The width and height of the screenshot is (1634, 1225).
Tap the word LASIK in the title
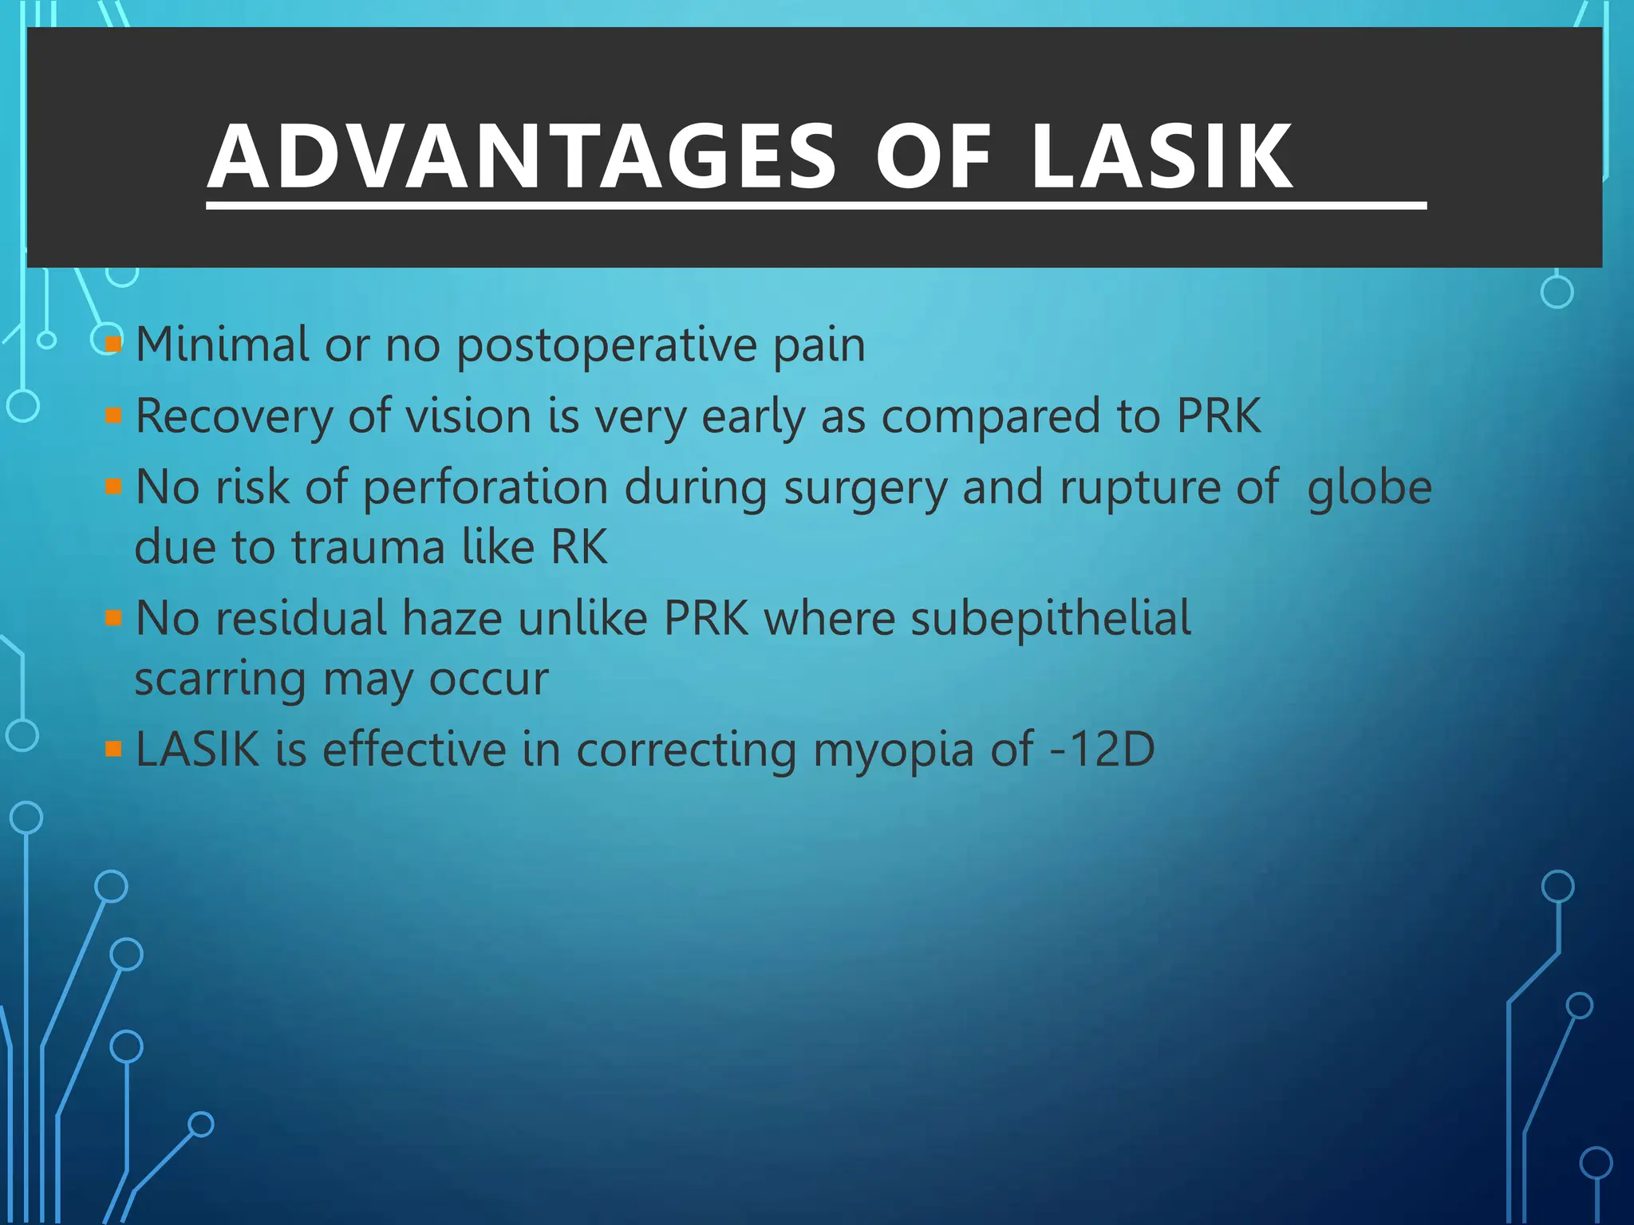(1161, 157)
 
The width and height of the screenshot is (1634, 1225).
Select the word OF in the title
(933, 157)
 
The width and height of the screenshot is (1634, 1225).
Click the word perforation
(485, 488)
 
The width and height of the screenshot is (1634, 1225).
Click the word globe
(1369, 488)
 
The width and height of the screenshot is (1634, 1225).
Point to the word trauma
(368, 548)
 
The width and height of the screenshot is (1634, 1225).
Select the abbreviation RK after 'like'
(579, 547)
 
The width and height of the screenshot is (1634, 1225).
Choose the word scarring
(220, 680)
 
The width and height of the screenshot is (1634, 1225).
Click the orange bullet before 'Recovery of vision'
(113, 416)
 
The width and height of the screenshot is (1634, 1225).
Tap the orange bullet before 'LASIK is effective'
(113, 748)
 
